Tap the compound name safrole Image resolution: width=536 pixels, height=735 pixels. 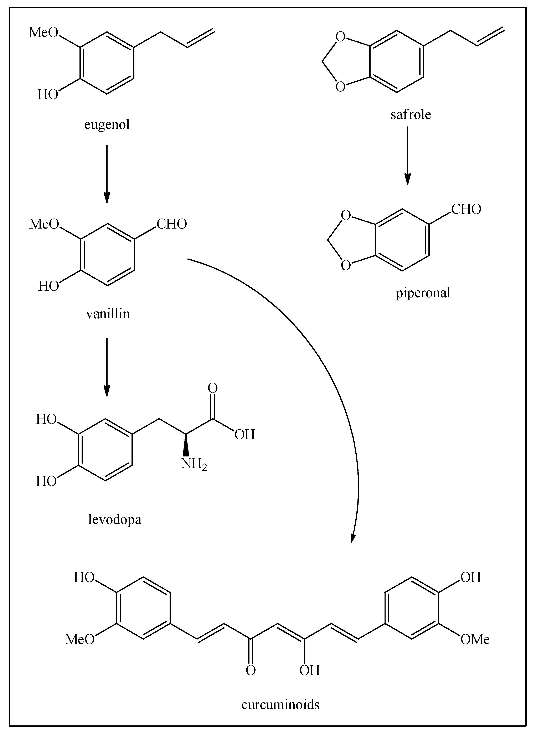coord(411,115)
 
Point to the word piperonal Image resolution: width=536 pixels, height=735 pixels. coord(423,293)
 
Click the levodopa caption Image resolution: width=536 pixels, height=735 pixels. coord(115,519)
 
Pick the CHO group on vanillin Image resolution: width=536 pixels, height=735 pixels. coord(172,224)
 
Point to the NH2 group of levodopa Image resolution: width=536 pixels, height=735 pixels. coord(194,464)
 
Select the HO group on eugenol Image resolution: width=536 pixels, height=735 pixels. coord(48,95)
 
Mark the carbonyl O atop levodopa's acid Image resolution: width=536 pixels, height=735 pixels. coord(212,388)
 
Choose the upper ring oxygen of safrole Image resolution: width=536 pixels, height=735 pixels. coord(340,37)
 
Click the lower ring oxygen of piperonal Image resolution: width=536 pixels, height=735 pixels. coord(346,266)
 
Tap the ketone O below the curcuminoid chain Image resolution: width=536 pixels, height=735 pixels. coord(251,670)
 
